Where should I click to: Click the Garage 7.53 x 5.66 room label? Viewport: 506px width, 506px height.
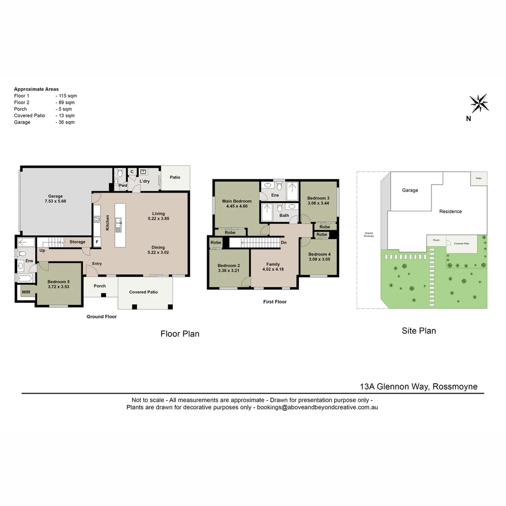[x=55, y=199]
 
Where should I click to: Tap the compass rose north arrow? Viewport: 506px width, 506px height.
[x=479, y=104]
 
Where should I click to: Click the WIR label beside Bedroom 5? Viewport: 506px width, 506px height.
[x=26, y=292]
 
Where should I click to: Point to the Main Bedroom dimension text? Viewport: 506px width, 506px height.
[x=237, y=206]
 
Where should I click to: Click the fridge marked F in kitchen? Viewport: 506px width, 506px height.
[x=97, y=242]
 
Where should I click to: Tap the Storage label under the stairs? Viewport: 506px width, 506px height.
[x=77, y=242]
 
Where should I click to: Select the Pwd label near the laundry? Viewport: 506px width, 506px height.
[x=123, y=186]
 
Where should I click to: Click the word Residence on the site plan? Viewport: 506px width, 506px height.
[x=450, y=211]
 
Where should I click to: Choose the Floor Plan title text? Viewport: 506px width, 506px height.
[x=180, y=334]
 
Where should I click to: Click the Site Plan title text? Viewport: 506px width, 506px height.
[x=419, y=331]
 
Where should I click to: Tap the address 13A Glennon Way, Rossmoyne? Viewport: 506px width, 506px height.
[x=418, y=387]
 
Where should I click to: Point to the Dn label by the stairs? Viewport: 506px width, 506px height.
[x=283, y=242]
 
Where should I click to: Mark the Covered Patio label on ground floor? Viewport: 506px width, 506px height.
[x=143, y=292]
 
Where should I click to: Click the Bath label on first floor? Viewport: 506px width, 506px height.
[x=284, y=216]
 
